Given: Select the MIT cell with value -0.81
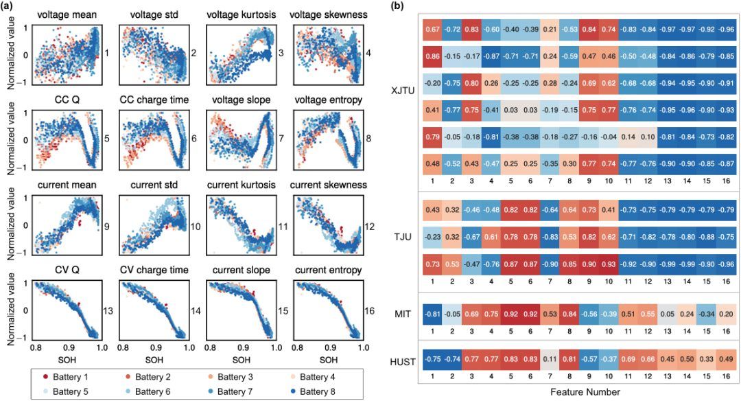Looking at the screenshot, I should coord(433,315).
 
